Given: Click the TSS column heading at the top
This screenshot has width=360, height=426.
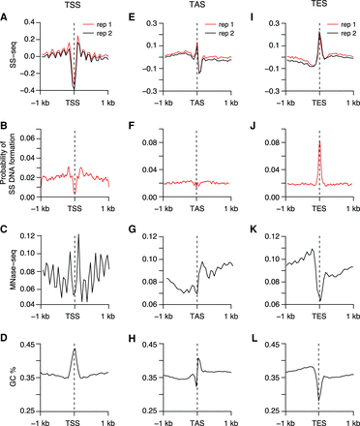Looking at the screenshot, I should pyautogui.click(x=75, y=6).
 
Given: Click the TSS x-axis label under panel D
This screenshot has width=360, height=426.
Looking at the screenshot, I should pyautogui.click(x=75, y=420).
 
